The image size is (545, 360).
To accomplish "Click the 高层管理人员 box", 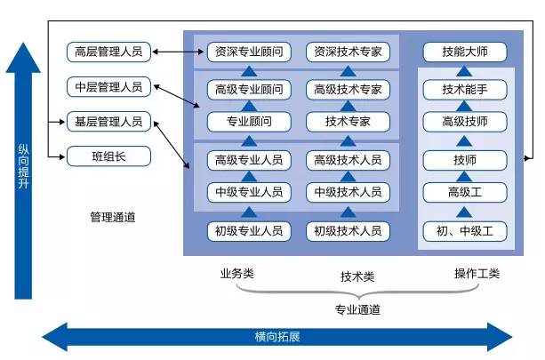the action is pos(108,52).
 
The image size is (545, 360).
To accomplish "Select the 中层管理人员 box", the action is pos(108,87).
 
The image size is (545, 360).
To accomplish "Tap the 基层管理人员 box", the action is pos(108,122).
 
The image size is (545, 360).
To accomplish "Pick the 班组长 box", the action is pos(108,156).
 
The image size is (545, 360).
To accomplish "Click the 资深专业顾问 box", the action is pos(249,52).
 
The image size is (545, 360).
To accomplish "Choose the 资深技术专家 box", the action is pos(348,52).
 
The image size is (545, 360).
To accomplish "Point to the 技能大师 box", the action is pos(465,52).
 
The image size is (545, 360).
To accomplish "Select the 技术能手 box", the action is pos(465,90).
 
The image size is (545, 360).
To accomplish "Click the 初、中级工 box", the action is pos(465,231).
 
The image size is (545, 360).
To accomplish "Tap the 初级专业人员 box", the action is pos(249,231).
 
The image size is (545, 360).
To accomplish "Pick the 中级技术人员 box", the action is pos(348,192).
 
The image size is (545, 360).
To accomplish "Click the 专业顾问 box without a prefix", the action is pos(249,122).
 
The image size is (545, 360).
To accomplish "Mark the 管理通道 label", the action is pos(113,218).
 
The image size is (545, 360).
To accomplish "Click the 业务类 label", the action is pos(237,274).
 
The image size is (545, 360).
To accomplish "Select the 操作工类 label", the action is pos(477,274).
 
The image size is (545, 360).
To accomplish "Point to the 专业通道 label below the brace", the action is pos(357,309).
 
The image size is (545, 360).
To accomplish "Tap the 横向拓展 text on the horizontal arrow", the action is pos(277,337).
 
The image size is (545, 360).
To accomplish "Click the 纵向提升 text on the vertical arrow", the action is pos(24,166).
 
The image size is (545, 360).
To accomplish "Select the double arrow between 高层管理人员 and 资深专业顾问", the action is pos(178,52).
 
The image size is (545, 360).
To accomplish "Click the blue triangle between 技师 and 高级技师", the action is pos(464,141).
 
